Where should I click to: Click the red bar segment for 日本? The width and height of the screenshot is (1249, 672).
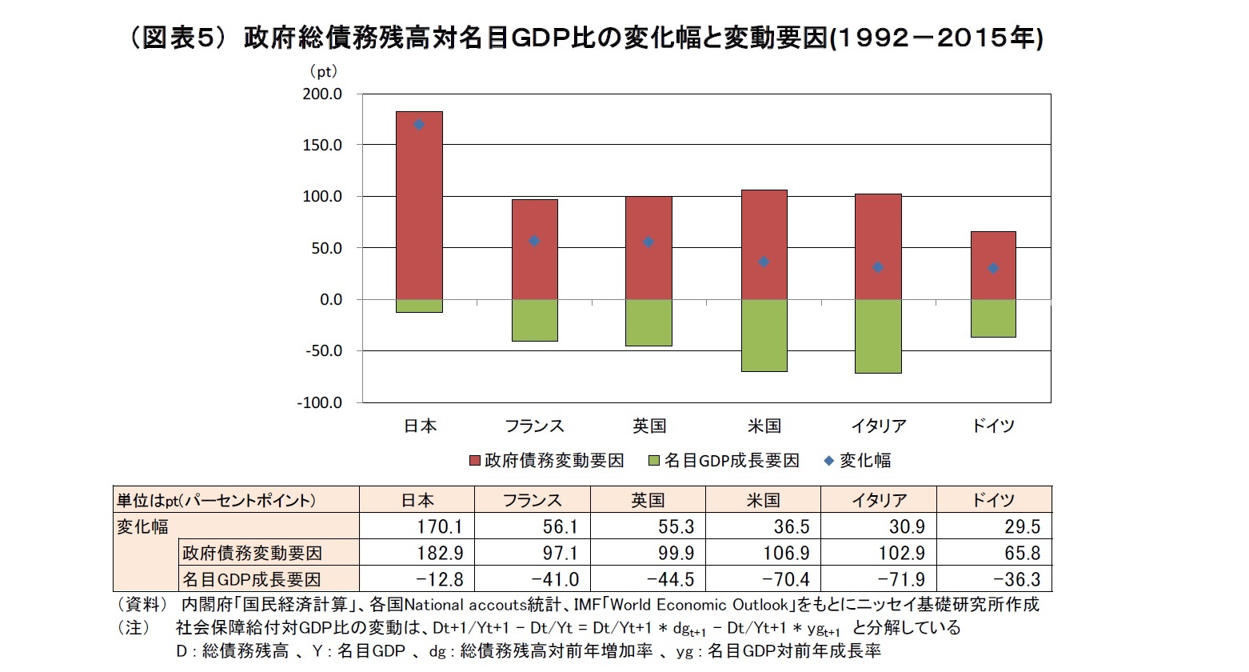pos(419,206)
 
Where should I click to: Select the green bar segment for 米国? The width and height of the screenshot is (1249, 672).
pos(764,335)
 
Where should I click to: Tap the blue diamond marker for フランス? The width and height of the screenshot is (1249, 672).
pos(534,241)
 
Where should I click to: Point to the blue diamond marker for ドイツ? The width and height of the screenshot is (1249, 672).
pos(993,268)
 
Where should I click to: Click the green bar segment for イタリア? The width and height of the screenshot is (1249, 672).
pos(878,336)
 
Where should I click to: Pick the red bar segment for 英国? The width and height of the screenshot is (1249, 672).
pos(648,248)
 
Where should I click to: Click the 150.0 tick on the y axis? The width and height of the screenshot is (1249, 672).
pos(321,145)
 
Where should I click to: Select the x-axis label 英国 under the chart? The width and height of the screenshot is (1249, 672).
pos(648,426)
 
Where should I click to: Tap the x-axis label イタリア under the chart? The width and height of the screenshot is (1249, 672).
pos(878,426)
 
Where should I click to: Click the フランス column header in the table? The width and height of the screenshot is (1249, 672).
pos(532,500)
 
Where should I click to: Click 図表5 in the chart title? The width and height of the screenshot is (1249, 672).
pos(174,38)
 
